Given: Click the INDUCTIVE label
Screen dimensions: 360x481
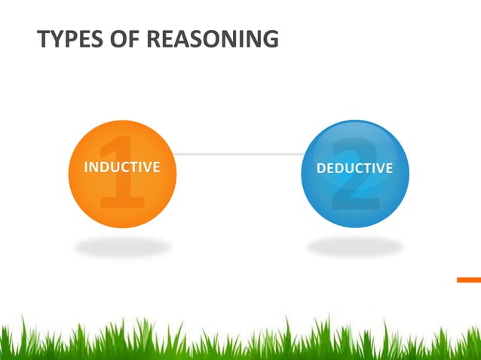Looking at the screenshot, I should click(x=121, y=167).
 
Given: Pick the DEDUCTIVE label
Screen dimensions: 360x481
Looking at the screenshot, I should click(x=354, y=168).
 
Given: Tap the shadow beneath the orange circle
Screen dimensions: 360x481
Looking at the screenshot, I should click(x=122, y=246).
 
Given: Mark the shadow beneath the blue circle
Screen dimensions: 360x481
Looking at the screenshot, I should click(x=354, y=246).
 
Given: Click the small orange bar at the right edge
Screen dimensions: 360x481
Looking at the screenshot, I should click(x=468, y=279).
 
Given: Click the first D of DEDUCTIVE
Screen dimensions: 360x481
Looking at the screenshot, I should click(x=321, y=168).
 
